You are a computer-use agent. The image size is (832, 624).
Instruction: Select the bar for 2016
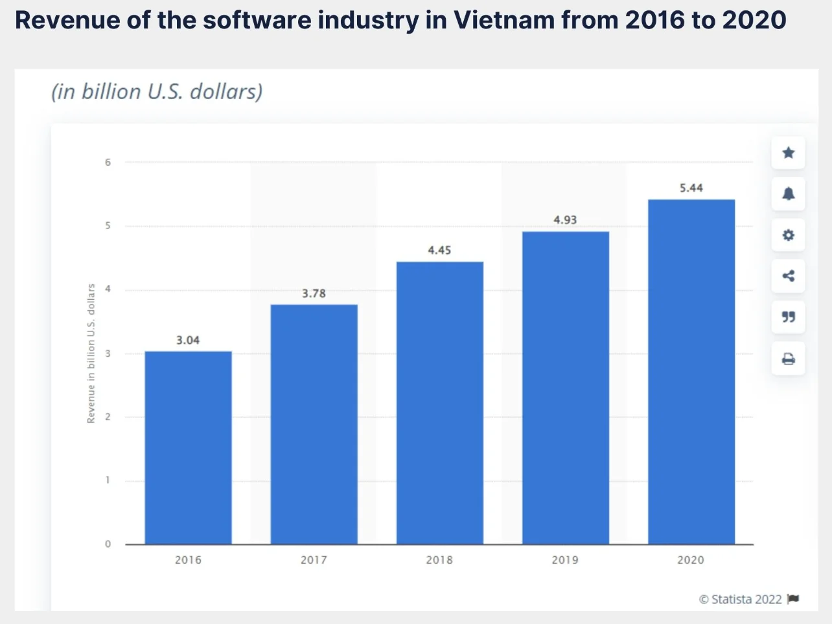point(188,447)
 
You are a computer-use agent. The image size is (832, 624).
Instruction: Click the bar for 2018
point(439,403)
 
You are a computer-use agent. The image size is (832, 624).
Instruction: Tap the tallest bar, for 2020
point(691,372)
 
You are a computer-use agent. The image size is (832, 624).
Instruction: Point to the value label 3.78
point(314,293)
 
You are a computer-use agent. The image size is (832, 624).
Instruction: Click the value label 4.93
point(565,220)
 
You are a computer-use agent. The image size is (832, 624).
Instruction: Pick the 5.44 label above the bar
point(691,188)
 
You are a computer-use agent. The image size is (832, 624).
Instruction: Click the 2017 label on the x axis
point(314,560)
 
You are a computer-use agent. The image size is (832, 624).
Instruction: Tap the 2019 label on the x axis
point(565,560)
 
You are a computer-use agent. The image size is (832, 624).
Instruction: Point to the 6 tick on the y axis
point(108,162)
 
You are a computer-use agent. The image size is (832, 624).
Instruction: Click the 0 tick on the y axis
point(108,544)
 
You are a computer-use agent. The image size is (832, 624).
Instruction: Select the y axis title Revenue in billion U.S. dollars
point(91,353)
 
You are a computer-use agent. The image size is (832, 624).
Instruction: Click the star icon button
point(788,153)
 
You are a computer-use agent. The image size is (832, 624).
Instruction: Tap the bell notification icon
point(788,194)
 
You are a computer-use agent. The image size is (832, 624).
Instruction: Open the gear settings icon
point(788,235)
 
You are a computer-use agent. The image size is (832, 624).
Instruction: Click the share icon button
point(788,276)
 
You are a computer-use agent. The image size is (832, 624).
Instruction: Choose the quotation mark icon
point(788,317)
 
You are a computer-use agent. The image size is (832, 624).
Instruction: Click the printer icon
point(788,359)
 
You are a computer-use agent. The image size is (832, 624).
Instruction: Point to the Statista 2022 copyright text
point(741,599)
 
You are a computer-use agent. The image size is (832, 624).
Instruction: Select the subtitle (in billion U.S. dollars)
point(157,92)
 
